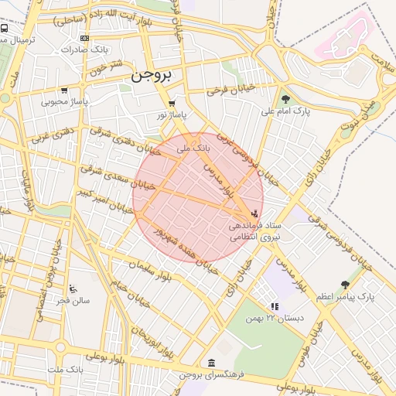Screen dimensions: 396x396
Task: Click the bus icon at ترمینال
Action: pos(5,29)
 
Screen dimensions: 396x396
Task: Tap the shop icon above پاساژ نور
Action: pos(172,103)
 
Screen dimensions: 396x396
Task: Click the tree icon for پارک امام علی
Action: pos(285,99)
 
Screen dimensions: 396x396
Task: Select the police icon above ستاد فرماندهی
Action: pos(256,213)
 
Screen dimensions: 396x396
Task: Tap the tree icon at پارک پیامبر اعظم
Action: pos(345,285)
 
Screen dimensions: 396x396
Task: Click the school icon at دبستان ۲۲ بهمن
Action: pos(274,306)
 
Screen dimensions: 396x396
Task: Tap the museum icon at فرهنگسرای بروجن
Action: pos(211,363)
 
